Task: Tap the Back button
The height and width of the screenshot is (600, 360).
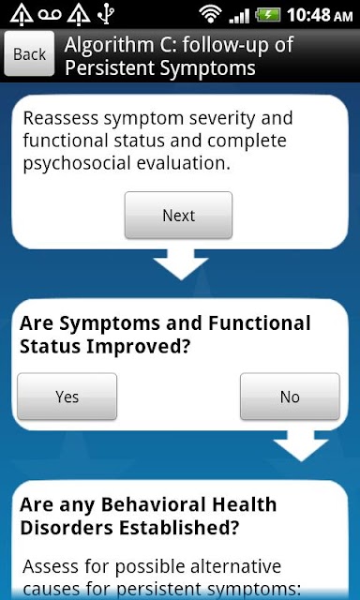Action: click(29, 53)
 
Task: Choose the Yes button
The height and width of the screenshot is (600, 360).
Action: click(67, 397)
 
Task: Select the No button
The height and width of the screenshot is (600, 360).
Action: click(290, 397)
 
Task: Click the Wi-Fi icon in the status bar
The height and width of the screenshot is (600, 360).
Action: click(210, 15)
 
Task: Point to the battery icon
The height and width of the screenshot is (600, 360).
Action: click(268, 15)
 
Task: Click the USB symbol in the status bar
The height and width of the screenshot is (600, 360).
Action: click(105, 15)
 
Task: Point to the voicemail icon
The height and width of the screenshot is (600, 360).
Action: click(50, 15)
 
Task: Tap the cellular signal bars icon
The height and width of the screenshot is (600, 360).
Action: click(239, 16)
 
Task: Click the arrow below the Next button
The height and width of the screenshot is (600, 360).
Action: click(181, 264)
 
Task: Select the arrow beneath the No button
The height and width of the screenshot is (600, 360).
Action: click(301, 445)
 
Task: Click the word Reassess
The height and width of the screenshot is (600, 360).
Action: click(61, 119)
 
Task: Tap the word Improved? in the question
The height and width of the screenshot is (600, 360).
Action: click(138, 347)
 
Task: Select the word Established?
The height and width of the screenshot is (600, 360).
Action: click(179, 528)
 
